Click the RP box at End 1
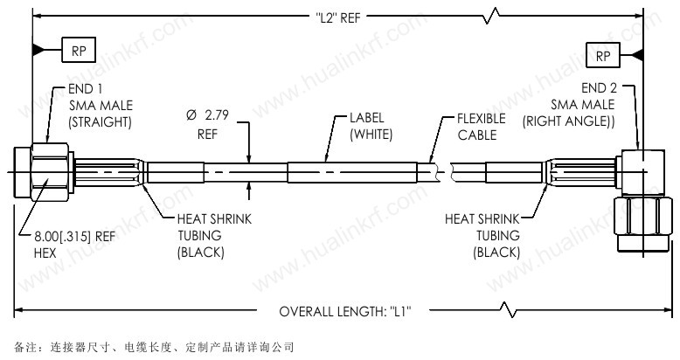(x=79, y=50)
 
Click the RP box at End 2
(x=603, y=55)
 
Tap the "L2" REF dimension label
(x=338, y=17)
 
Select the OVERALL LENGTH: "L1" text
(x=345, y=311)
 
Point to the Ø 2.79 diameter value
(x=207, y=115)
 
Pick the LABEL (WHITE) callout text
(x=371, y=126)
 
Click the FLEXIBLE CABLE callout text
(x=482, y=127)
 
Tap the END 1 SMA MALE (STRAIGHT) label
(x=101, y=106)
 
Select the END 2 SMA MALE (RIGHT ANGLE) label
(x=569, y=105)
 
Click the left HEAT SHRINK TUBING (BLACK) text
(x=214, y=236)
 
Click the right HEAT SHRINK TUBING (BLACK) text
(x=482, y=236)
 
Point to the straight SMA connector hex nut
(x=50, y=172)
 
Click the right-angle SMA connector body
(x=642, y=172)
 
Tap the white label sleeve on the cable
(x=352, y=173)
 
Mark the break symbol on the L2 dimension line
(x=491, y=17)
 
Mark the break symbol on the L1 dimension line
(x=508, y=309)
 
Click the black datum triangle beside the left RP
(x=38, y=50)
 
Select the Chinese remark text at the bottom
(x=154, y=347)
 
